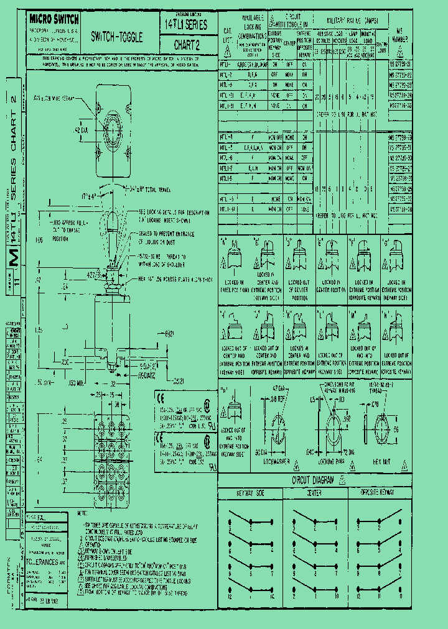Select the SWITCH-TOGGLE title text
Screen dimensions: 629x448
click(x=117, y=37)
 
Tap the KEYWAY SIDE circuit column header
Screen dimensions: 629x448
click(x=249, y=491)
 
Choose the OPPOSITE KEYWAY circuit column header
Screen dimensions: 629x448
click(x=379, y=491)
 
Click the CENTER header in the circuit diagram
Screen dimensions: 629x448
click(x=314, y=491)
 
